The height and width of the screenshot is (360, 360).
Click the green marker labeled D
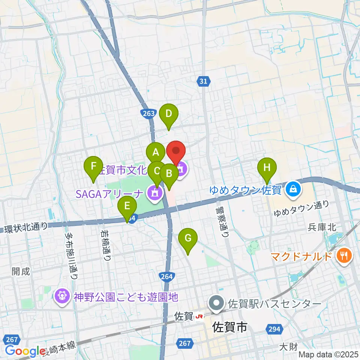point(168,114)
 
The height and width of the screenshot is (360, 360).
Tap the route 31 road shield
point(203,81)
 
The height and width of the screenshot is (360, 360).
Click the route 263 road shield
point(148,113)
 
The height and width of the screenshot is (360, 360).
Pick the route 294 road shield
point(274,329)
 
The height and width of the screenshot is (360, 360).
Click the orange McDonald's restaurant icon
point(343,257)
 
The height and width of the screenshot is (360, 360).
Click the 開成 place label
point(21,271)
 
